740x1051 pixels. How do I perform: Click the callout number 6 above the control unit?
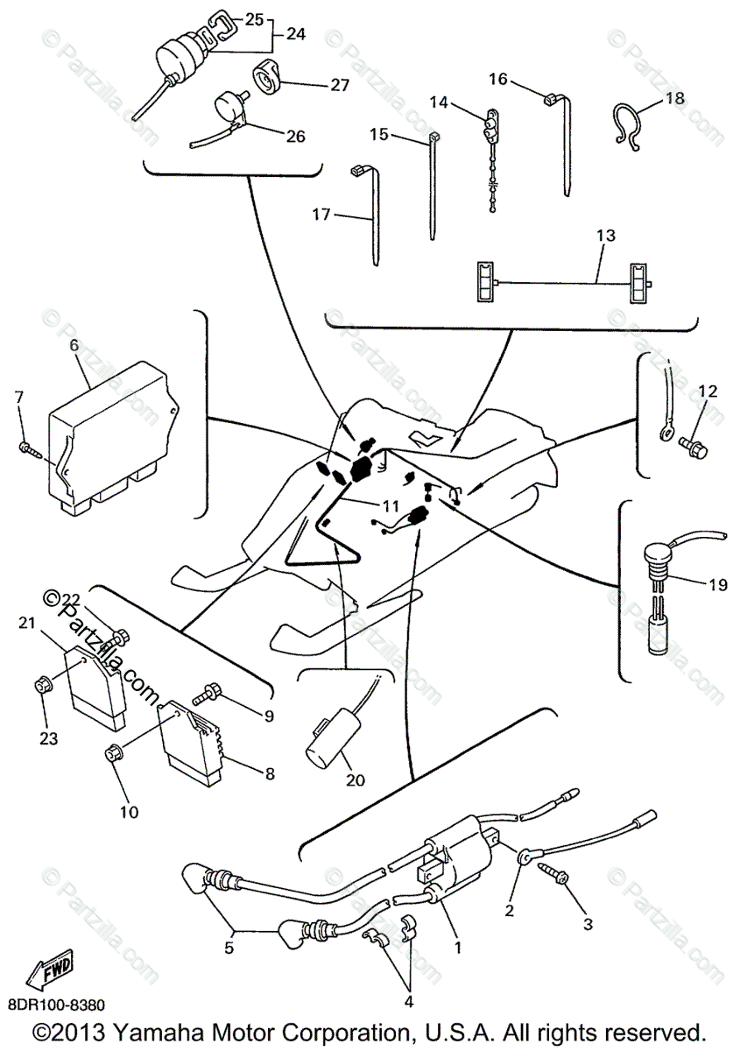pyautogui.click(x=74, y=345)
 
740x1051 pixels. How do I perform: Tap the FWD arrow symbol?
pyautogui.click(x=52, y=971)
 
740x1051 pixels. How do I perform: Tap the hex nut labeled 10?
pyautogui.click(x=112, y=752)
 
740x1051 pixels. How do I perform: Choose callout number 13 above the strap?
pyautogui.click(x=606, y=236)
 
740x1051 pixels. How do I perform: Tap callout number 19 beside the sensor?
pyautogui.click(x=718, y=585)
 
